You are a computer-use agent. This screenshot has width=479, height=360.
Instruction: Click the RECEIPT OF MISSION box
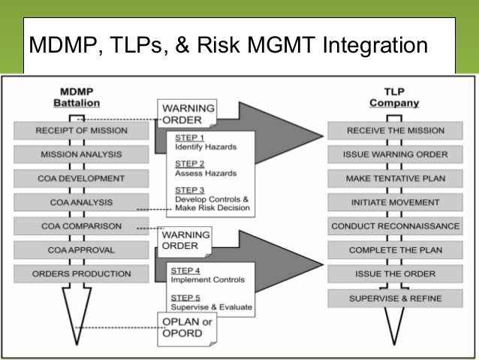click(81, 131)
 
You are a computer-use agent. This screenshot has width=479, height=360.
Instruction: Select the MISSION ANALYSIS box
click(81, 155)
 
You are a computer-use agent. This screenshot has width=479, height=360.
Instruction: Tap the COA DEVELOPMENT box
click(81, 179)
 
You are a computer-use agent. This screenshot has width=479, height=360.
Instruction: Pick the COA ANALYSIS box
click(81, 202)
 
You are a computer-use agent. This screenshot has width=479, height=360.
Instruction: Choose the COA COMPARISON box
click(81, 226)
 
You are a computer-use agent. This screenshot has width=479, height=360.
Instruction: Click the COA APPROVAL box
click(81, 250)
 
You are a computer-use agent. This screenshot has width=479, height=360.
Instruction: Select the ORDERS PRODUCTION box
click(81, 274)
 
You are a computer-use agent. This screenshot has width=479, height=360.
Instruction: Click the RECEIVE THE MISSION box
click(395, 131)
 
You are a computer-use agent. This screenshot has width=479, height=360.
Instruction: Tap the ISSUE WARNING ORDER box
click(395, 155)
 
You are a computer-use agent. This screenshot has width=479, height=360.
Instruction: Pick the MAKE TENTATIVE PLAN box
click(395, 179)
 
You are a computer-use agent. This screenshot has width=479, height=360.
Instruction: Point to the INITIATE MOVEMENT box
click(395, 202)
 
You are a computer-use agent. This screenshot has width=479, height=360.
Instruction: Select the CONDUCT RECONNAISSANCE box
click(395, 226)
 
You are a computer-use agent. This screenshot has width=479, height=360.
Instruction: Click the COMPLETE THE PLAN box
click(395, 250)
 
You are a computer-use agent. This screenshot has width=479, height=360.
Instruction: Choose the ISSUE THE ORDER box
click(395, 274)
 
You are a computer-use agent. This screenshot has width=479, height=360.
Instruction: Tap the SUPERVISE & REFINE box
click(395, 298)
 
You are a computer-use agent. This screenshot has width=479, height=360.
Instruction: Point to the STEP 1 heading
click(188, 138)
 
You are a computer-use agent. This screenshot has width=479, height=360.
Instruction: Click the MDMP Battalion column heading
click(80, 97)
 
